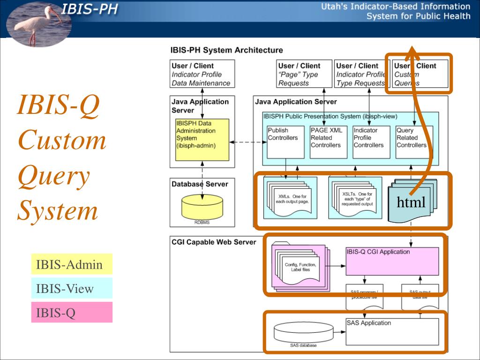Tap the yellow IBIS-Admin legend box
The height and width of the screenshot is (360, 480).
pyautogui.click(x=72, y=264)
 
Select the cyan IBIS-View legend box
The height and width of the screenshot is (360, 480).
pyautogui.click(x=72, y=288)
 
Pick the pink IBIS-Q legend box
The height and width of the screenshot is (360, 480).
pyautogui.click(x=72, y=312)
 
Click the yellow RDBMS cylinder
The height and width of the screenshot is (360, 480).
pyautogui.click(x=202, y=206)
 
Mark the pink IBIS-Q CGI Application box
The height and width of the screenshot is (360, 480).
pyautogui.click(x=392, y=261)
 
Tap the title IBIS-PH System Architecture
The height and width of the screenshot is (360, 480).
pyautogui.click(x=226, y=50)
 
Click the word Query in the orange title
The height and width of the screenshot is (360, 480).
pyautogui.click(x=53, y=176)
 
